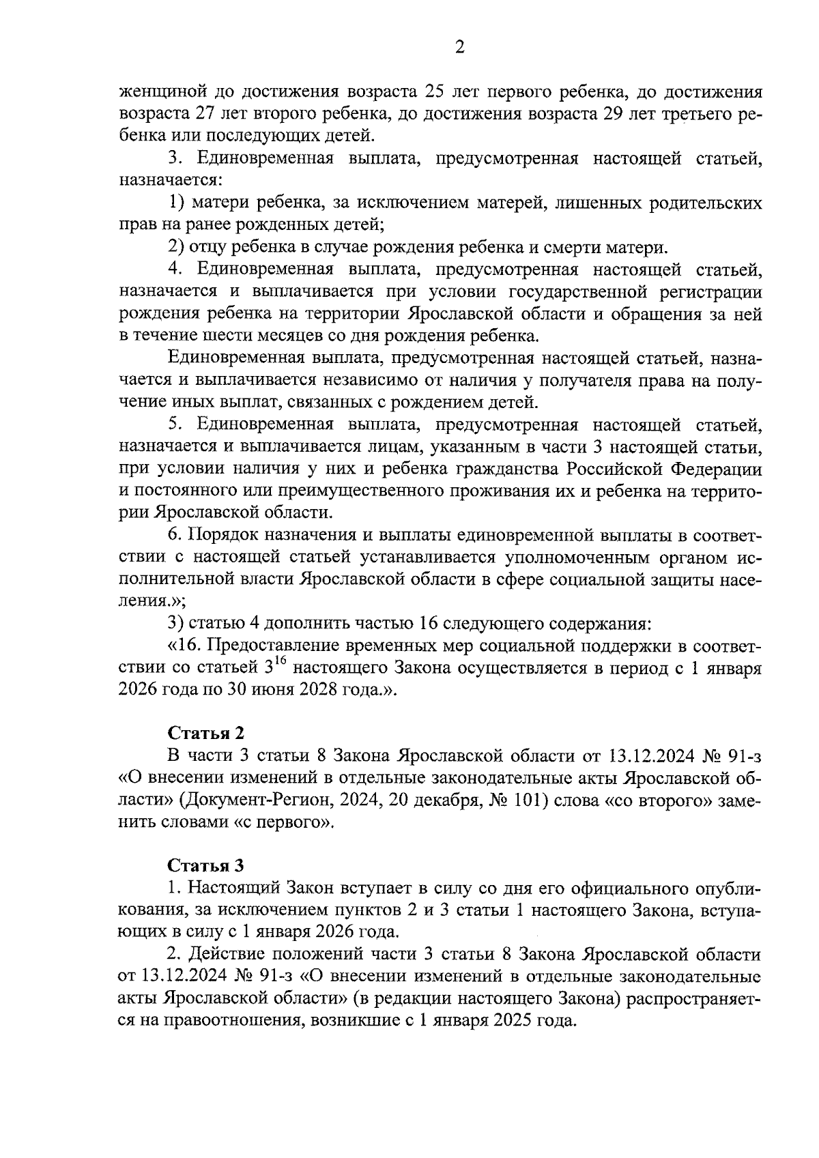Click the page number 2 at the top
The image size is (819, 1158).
click(x=459, y=47)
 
